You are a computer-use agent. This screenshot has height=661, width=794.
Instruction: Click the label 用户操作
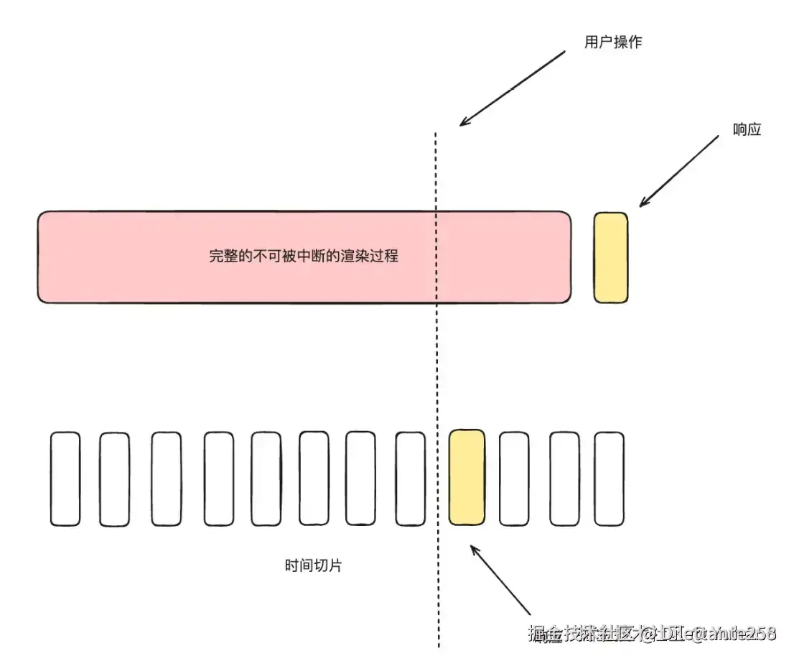pos(613,42)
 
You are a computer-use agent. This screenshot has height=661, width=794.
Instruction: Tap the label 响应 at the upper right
pos(747,130)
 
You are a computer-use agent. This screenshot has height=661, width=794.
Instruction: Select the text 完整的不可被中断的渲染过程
pos(303,256)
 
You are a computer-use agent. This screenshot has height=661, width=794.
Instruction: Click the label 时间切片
pos(313,565)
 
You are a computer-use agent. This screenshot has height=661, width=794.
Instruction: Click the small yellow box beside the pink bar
pos(610,257)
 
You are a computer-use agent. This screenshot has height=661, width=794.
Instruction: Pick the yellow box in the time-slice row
pos(467,477)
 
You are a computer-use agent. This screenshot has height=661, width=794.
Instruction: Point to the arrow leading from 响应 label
pos(678,171)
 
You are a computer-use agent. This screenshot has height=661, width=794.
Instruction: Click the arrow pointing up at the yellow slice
pos(500,580)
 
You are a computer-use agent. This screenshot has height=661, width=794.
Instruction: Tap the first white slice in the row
pos(65,479)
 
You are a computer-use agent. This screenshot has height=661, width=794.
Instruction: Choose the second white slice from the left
pos(114,479)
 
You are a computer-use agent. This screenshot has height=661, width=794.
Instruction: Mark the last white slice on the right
pos(609,479)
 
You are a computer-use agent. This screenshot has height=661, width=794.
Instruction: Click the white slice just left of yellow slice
pos(411,479)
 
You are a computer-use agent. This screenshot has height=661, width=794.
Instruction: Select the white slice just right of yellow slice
pos(514,479)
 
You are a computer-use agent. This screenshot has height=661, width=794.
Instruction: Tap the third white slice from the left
pos(167,479)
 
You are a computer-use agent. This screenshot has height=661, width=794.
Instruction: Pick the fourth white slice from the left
pos(218,479)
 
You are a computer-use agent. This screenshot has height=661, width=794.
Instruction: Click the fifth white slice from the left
pos(266,479)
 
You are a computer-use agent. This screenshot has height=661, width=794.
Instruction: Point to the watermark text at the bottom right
pos(652,634)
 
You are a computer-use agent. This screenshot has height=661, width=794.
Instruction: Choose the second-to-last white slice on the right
pos(564,479)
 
